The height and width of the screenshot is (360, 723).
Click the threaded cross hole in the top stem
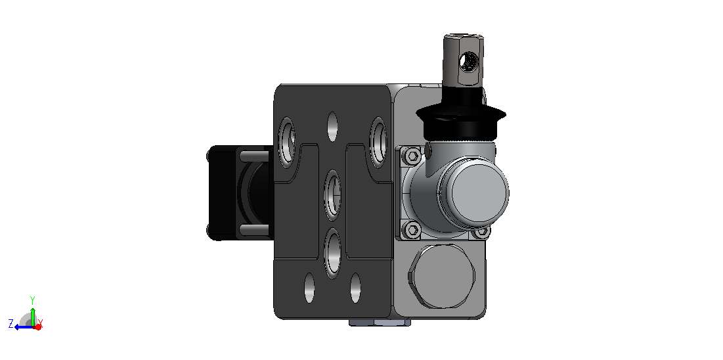[x=469, y=61]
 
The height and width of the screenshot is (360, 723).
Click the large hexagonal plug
[x=442, y=277]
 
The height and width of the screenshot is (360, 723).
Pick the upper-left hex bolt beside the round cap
[x=412, y=156]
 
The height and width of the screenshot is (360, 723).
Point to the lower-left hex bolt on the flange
[x=412, y=229]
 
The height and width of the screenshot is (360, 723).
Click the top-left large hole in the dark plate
[x=287, y=142]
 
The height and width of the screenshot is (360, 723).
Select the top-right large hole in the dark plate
[x=379, y=142]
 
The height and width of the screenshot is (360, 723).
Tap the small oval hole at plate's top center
[x=332, y=126]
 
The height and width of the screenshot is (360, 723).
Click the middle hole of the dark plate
[x=332, y=194]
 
